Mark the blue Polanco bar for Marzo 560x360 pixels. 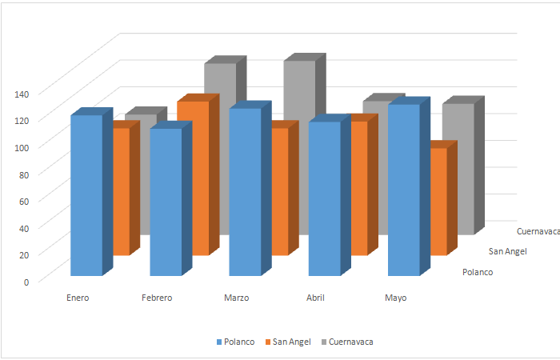pyautogui.click(x=245, y=192)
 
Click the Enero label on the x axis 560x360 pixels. pyautogui.click(x=78, y=298)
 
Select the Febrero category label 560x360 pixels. pyautogui.click(x=157, y=298)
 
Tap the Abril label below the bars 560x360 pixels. pyautogui.click(x=315, y=298)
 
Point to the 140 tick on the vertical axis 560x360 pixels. pyautogui.click(x=22, y=94)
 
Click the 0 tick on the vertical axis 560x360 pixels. pyautogui.click(x=26, y=281)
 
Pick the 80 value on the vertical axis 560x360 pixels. pyautogui.click(x=23, y=174)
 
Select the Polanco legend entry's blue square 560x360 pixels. pyautogui.click(x=219, y=342)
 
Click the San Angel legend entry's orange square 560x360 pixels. pyautogui.click(x=268, y=342)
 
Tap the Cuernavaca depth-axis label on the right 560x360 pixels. pyautogui.click(x=538, y=231)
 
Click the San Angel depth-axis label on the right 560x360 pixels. pyautogui.click(x=508, y=252)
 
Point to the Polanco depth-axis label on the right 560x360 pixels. pyautogui.click(x=478, y=272)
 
